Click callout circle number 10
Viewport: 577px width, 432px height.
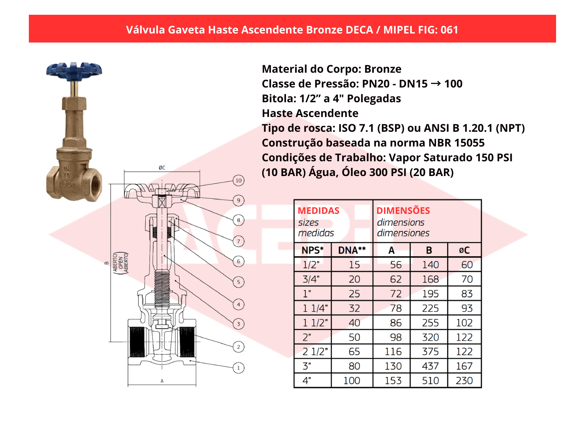click(238, 180)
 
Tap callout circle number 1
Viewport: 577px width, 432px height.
click(238, 368)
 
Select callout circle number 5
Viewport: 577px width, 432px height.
click(238, 282)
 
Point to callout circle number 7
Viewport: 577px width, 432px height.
click(238, 241)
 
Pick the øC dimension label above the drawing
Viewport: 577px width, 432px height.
click(162, 168)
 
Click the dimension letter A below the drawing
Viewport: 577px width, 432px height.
click(162, 381)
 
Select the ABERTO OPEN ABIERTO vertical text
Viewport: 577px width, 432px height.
click(120, 263)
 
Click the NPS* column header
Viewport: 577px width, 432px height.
click(312, 250)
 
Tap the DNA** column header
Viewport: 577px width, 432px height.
click(352, 250)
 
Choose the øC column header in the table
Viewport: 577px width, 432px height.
click(464, 250)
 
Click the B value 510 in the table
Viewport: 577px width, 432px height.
click(430, 381)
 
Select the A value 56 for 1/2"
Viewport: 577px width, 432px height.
click(396, 265)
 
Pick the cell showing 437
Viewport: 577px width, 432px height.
click(430, 366)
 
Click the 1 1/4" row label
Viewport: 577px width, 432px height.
click(315, 308)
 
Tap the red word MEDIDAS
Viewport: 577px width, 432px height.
click(318, 211)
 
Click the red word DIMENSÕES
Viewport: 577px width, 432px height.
click(403, 211)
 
